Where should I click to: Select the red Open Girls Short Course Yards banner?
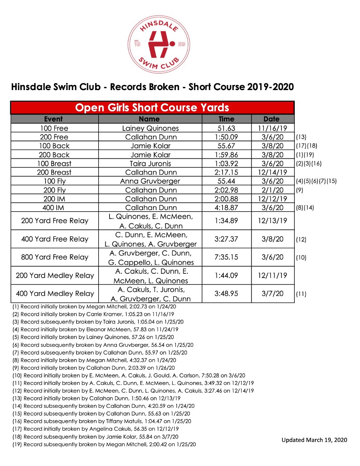click(152, 108)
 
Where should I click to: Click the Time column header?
click(226, 119)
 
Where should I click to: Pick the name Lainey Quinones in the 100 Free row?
click(150, 128)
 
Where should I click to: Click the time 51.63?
click(226, 128)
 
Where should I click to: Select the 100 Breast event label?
click(54, 163)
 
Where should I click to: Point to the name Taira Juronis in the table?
click(150, 163)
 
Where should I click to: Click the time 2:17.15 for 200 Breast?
click(226, 172)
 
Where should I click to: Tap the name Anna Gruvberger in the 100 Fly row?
click(150, 181)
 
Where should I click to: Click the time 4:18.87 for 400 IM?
click(226, 208)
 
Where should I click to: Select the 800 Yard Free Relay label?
click(55, 257)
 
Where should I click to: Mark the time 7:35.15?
click(226, 257)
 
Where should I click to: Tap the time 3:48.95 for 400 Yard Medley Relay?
click(226, 294)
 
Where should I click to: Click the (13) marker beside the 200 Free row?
click(301, 137)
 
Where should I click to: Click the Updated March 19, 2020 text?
click(314, 440)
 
